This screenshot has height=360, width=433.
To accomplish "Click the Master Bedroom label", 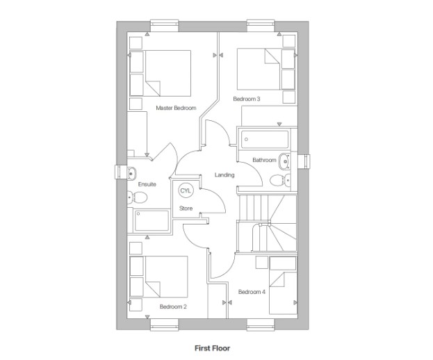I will click(x=176, y=108).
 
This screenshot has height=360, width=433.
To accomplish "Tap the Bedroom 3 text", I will click(x=247, y=99).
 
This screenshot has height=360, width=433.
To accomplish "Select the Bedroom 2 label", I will click(x=173, y=306).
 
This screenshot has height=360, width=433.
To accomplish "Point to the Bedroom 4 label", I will click(x=252, y=292).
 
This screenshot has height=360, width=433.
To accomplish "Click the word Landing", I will click(x=224, y=174).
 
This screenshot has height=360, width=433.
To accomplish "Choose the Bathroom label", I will click(x=264, y=160).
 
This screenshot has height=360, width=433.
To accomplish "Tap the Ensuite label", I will click(x=147, y=184).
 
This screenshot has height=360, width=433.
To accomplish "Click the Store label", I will click(x=186, y=208).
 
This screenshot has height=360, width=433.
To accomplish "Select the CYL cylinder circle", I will click(x=186, y=190).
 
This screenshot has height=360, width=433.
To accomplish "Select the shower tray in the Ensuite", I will click(x=152, y=221).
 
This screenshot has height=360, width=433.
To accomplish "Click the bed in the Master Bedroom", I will click(x=167, y=73).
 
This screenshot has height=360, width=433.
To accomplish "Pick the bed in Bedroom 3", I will click(x=259, y=69).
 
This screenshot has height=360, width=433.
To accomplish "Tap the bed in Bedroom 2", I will click(x=167, y=278).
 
